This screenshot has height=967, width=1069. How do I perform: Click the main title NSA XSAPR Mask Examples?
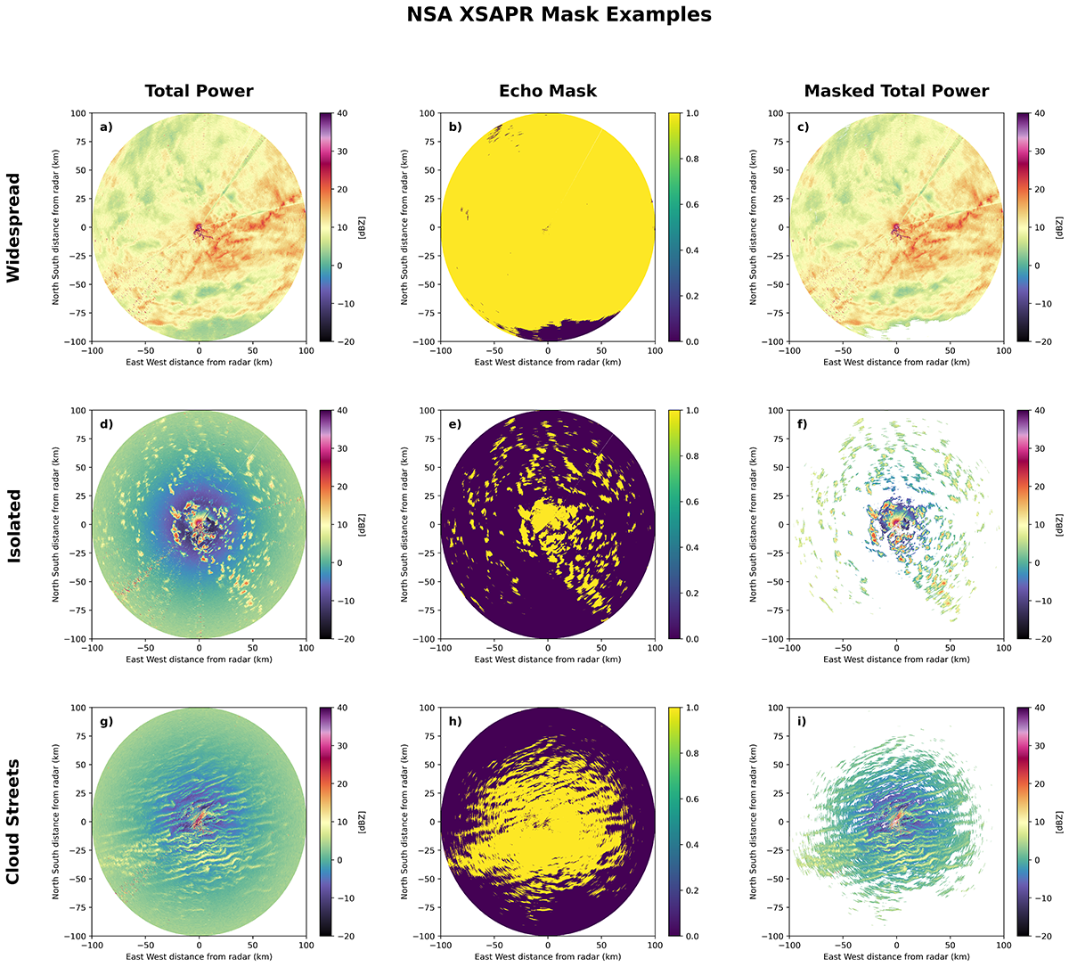[559, 15]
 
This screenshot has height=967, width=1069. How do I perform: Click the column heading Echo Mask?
[548, 91]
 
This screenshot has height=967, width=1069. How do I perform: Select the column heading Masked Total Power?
[896, 91]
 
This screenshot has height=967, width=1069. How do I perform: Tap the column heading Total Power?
[199, 91]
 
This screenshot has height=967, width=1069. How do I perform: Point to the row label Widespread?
[14, 227]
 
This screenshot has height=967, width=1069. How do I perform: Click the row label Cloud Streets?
[14, 822]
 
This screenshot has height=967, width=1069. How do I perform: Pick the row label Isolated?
[14, 525]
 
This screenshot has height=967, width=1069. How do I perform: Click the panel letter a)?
[106, 127]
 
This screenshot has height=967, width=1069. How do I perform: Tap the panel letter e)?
[455, 425]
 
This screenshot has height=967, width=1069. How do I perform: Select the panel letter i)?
[803, 722]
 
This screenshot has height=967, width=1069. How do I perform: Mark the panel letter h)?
[455, 722]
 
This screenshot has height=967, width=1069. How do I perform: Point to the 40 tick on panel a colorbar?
[343, 113]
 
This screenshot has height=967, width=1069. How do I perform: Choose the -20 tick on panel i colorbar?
[1041, 936]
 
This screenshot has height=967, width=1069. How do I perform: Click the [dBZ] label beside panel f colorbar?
[1060, 525]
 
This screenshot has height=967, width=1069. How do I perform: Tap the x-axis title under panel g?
[199, 956]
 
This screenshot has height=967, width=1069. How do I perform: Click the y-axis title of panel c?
[754, 227]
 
